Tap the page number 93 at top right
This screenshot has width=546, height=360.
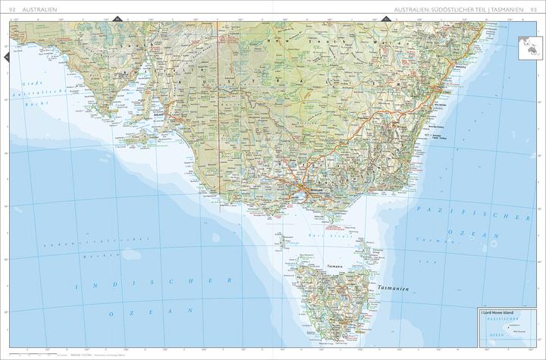[x=534, y=9]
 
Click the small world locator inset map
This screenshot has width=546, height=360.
[x=528, y=47]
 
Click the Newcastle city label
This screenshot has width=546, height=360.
[x=460, y=67]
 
